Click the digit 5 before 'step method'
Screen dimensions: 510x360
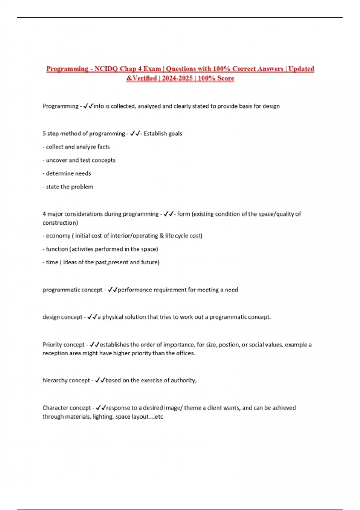coord(44,133)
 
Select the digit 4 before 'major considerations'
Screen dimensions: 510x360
coord(44,214)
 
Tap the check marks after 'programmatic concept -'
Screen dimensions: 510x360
coord(112,290)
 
